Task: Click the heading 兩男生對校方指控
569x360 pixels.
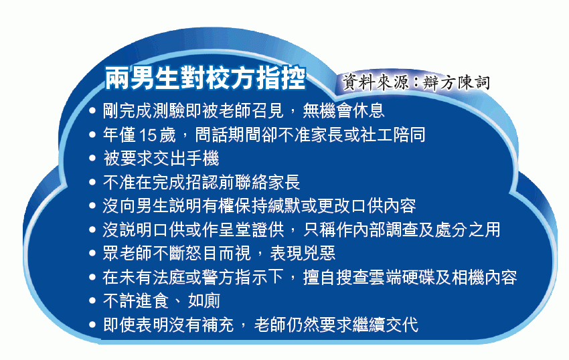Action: click(x=205, y=78)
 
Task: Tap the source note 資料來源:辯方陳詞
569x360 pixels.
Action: click(x=416, y=82)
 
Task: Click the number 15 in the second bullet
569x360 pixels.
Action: click(x=147, y=135)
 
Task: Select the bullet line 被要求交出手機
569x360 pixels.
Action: click(x=161, y=159)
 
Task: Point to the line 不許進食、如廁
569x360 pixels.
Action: click(x=161, y=301)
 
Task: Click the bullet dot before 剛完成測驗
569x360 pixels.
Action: click(x=92, y=110)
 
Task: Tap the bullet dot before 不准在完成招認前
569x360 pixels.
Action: click(x=92, y=182)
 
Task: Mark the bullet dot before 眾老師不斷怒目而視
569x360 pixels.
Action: click(x=92, y=254)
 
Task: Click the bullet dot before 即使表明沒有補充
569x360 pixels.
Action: click(x=92, y=325)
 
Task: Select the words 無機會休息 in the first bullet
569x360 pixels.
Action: click(x=343, y=110)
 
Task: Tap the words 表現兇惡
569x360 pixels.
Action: click(x=303, y=254)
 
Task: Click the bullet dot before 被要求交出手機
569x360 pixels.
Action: click(x=92, y=159)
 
